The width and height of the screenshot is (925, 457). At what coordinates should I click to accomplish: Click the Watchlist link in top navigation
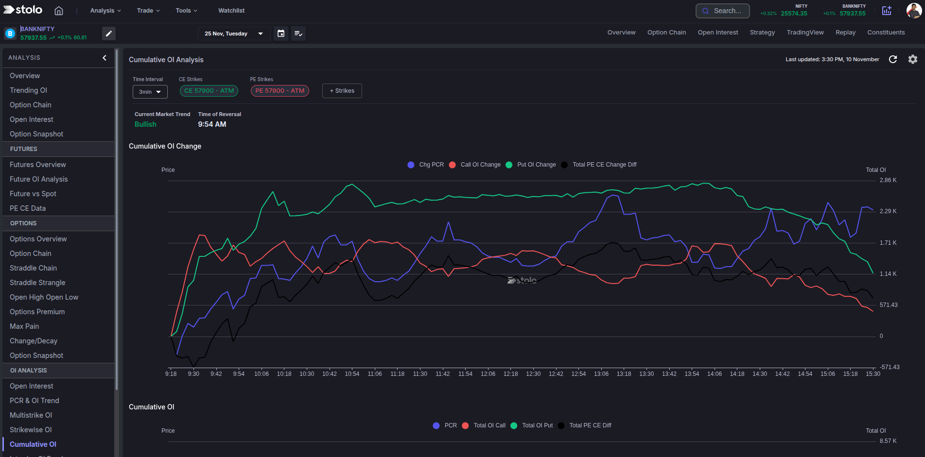[x=231, y=11]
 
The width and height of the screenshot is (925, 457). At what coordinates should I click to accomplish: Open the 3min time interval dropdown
[x=150, y=92]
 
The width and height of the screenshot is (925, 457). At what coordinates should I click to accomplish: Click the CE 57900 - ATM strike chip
[x=209, y=91]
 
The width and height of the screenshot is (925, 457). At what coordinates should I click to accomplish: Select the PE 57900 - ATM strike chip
[x=279, y=91]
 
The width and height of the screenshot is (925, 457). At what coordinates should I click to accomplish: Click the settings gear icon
[x=912, y=59]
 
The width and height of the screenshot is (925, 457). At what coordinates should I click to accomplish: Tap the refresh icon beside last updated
[x=893, y=59]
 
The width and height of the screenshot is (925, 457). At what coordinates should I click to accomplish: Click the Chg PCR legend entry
[x=425, y=165]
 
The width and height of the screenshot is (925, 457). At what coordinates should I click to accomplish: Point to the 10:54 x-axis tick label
[x=352, y=374]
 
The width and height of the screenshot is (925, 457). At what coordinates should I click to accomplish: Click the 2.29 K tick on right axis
[x=888, y=211]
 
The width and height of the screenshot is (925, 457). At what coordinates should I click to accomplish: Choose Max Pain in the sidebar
[x=24, y=326]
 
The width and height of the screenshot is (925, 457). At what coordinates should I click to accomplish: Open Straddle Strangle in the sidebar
[x=37, y=283]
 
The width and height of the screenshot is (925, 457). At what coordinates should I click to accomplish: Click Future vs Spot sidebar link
[x=33, y=194]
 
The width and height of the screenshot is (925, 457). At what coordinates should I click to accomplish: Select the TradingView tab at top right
[x=805, y=33]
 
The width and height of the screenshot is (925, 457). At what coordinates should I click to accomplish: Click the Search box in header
[x=722, y=11]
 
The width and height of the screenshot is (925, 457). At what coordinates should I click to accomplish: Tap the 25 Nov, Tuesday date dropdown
[x=234, y=34]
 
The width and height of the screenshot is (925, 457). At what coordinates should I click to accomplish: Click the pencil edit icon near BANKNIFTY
[x=109, y=34]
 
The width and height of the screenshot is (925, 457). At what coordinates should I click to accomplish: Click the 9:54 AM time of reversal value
[x=212, y=124]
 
